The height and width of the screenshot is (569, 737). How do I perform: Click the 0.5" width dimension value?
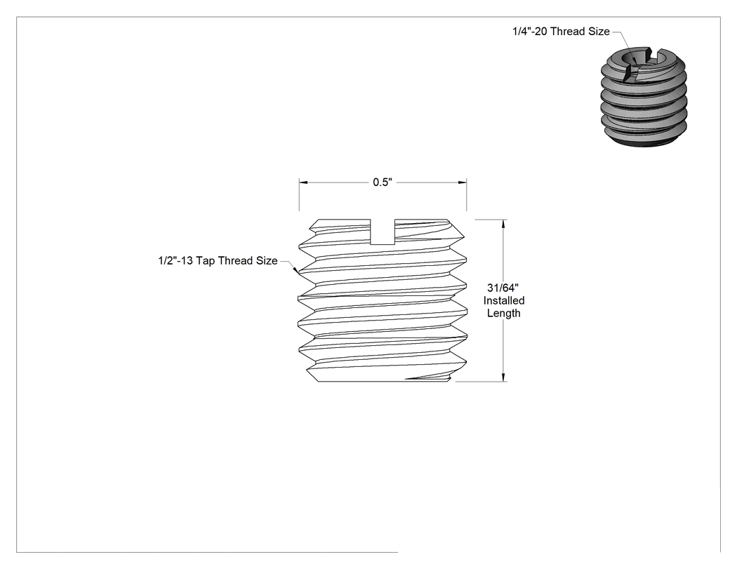(382, 182)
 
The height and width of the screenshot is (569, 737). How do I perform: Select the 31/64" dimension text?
(503, 288)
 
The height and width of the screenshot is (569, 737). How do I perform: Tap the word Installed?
(504, 301)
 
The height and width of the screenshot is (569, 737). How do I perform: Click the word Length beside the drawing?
(504, 314)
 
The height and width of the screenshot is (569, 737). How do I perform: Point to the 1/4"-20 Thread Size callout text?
(562, 32)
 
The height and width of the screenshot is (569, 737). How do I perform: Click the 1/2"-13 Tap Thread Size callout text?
(218, 261)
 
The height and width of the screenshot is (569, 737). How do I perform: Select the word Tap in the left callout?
(205, 261)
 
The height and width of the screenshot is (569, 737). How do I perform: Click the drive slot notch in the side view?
(383, 232)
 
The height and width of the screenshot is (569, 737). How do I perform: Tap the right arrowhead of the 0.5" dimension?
(463, 182)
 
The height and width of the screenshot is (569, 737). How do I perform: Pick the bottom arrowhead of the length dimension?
(504, 377)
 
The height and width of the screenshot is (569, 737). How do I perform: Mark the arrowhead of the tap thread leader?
(296, 270)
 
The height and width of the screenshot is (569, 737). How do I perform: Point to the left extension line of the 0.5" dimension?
(300, 194)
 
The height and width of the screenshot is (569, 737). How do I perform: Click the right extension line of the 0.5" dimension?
(467, 194)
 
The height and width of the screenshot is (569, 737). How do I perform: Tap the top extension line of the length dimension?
(491, 220)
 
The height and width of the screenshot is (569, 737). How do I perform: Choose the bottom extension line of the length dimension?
(482, 382)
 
